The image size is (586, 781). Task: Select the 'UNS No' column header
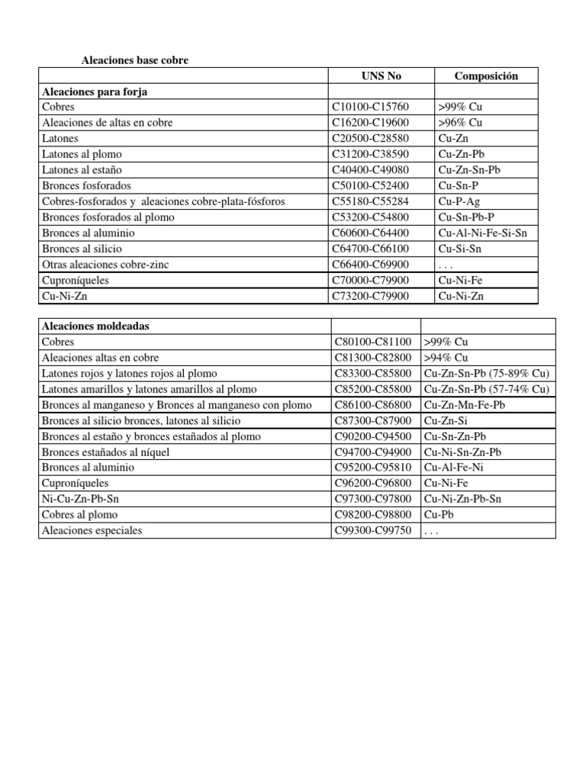[x=381, y=76]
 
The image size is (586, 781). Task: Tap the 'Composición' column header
[x=486, y=76]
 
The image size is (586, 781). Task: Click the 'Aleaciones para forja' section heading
[x=95, y=92]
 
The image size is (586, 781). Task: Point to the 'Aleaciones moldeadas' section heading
[x=95, y=326]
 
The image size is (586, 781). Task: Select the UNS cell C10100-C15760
[x=370, y=107]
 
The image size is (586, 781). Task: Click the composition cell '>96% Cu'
[x=461, y=123]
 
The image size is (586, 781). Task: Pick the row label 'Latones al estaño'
[x=82, y=170]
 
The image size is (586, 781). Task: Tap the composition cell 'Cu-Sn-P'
[x=459, y=186]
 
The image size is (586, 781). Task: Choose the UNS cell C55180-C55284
[x=370, y=201]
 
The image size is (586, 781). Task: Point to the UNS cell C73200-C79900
[x=370, y=296]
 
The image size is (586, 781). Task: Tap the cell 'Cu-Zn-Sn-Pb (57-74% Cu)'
[x=486, y=389]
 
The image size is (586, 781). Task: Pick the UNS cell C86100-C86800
[x=372, y=405]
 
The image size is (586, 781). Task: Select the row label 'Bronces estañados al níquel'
[x=105, y=452]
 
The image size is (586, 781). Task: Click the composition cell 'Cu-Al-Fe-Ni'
[x=456, y=468]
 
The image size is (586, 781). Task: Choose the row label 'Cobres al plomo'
[x=79, y=516]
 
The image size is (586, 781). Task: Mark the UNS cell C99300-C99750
[x=372, y=531]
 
